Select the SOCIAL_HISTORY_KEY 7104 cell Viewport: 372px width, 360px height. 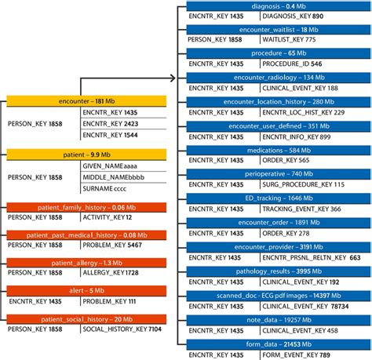point(122,329)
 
